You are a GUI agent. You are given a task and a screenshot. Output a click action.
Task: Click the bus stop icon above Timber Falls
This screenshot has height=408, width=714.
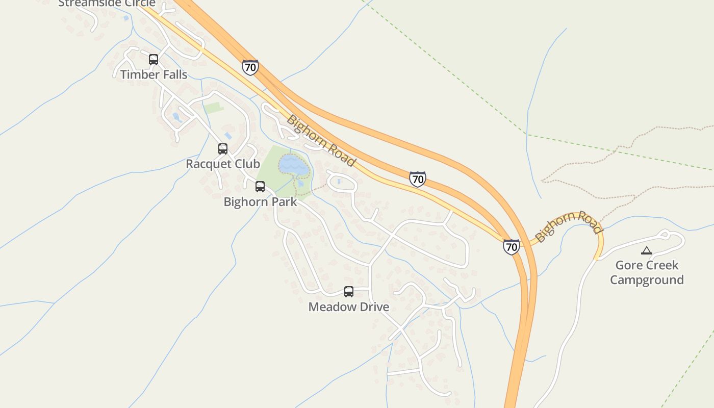click(x=154, y=60)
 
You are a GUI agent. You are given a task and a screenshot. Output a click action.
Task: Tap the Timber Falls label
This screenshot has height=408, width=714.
click(x=154, y=74)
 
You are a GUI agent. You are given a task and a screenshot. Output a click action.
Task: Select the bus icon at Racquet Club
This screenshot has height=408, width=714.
click(x=223, y=149)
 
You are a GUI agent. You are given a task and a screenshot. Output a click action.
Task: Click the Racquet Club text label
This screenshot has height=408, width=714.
click(x=223, y=164)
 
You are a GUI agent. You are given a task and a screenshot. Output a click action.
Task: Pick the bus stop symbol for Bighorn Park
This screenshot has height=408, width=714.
click(x=260, y=187)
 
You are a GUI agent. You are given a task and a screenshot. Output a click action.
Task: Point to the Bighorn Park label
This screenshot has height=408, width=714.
click(x=260, y=201)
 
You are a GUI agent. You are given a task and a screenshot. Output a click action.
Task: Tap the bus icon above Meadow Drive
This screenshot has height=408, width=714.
click(x=349, y=292)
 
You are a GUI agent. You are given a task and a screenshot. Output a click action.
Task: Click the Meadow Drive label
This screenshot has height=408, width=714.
click(x=349, y=307)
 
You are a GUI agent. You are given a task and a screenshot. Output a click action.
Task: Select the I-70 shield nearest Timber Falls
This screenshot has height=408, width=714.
click(x=250, y=67)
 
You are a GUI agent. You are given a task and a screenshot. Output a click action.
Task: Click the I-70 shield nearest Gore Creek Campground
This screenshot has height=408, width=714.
click(x=511, y=247)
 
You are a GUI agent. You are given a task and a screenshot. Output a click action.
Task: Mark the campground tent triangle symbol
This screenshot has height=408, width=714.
click(x=647, y=250)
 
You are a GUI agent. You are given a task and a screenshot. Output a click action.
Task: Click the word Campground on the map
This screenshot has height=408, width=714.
click(x=647, y=280)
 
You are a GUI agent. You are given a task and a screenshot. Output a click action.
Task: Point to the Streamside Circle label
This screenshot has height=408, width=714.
click(x=107, y=3)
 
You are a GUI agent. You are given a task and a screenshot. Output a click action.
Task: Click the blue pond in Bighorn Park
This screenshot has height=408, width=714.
click(x=293, y=164)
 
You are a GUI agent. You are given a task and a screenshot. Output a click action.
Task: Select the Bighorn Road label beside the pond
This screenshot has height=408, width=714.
click(x=320, y=141)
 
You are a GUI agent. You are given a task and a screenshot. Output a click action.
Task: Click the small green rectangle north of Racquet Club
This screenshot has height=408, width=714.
click(x=214, y=108)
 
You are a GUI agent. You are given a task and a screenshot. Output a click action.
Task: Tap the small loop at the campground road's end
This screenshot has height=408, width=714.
click(x=664, y=235)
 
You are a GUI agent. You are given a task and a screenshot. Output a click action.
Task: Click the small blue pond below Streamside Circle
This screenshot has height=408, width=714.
click(x=126, y=18)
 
